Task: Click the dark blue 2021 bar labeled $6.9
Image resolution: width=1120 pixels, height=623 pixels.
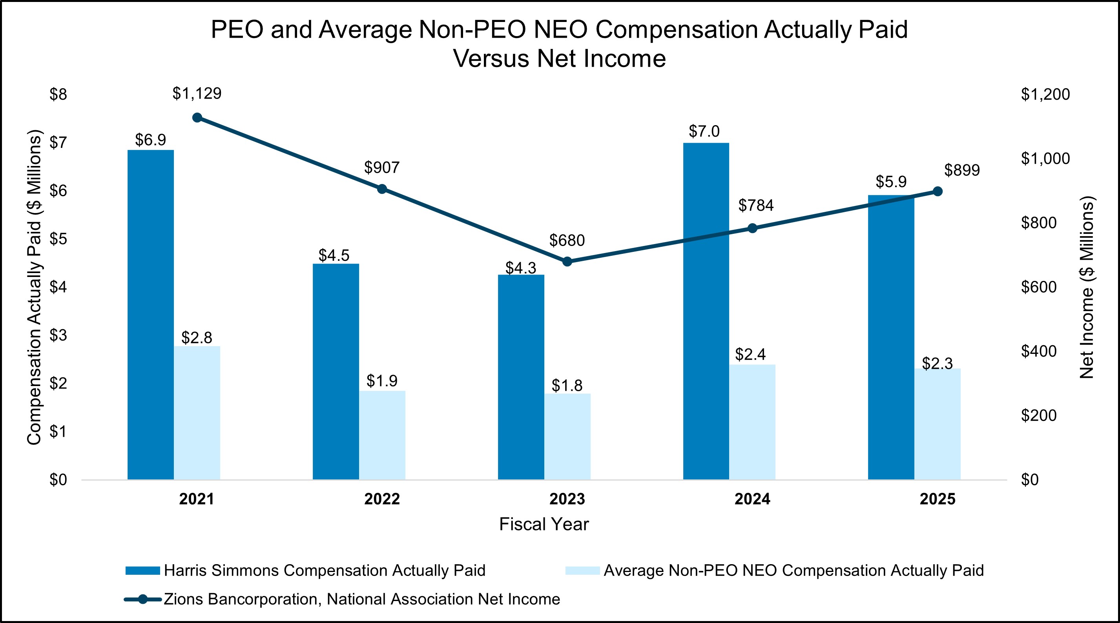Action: (150, 315)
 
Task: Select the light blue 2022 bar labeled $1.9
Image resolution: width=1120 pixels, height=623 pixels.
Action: (382, 435)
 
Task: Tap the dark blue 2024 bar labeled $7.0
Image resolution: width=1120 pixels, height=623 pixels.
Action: (706, 311)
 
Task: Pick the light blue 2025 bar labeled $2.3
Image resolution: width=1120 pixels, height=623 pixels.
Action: (938, 424)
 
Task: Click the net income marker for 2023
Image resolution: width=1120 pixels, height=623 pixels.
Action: (567, 261)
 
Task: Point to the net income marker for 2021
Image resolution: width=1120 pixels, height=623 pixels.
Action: (197, 117)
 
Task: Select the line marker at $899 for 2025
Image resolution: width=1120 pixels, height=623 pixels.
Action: (938, 191)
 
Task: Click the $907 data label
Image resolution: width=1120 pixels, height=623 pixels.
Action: (382, 168)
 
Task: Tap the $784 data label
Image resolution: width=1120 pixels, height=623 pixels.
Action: (756, 205)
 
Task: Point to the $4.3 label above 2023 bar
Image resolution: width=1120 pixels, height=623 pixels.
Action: (520, 268)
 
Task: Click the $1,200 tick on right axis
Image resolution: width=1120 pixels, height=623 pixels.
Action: (1045, 94)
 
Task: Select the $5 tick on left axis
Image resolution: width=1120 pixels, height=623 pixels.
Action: (58, 239)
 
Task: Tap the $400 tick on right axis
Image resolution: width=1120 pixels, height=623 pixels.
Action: (1038, 351)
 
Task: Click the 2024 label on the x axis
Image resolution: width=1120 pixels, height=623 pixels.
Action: (752, 499)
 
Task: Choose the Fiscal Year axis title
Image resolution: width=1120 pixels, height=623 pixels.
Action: (544, 524)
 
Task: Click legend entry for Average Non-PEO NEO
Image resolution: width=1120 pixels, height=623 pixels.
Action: (793, 570)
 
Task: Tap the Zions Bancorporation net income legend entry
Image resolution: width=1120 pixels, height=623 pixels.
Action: (361, 599)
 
